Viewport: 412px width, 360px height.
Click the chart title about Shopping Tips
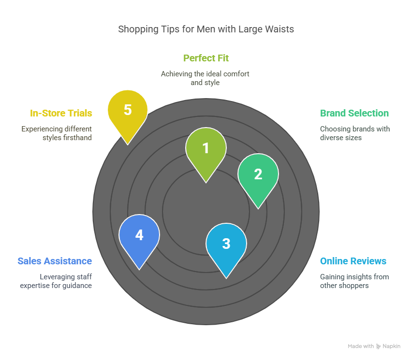pos(206,29)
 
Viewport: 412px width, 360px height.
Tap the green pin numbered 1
pos(206,148)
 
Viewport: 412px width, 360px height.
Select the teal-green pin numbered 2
pos(258,174)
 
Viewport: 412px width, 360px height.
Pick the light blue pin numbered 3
pos(226,244)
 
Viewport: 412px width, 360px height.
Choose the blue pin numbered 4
pos(139,235)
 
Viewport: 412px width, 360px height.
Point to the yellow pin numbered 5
pos(128,110)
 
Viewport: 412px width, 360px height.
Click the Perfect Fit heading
pos(206,58)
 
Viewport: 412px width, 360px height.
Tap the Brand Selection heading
pos(354,113)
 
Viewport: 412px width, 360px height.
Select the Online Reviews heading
pos(353,261)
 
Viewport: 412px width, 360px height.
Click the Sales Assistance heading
pos(55,261)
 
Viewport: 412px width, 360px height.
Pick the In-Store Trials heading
pos(61,113)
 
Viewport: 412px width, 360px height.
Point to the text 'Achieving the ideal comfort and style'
pos(205,78)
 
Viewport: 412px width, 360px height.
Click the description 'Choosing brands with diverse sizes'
pos(354,133)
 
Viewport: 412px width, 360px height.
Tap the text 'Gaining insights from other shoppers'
pos(354,281)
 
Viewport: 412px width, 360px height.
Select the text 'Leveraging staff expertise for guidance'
pos(56,281)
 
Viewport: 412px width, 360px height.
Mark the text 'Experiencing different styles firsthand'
pos(57,133)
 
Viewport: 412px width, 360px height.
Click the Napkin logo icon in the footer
pos(378,346)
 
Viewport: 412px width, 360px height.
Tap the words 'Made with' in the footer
pos(361,346)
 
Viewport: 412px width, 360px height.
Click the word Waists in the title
pos(280,29)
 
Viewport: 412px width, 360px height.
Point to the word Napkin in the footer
pos(392,346)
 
